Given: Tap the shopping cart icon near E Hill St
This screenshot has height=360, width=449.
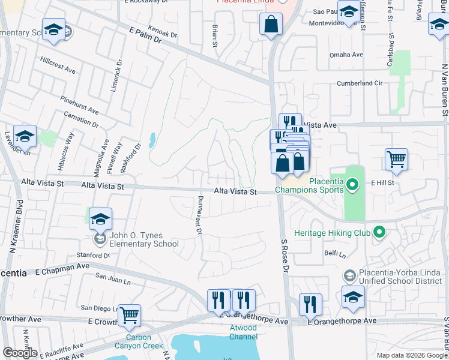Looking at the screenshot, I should point(396,160).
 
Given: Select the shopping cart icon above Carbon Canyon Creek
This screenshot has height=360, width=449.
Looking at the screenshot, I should point(130,316).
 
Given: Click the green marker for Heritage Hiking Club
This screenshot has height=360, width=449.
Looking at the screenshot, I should point(379,231).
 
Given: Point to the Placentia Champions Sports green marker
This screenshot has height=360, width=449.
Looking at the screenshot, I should point(352,185).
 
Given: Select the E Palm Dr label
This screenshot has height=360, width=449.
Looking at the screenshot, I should point(145,37).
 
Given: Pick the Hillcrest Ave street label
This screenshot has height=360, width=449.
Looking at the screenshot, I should point(58,65).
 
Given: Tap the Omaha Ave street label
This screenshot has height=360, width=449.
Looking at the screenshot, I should point(346,55).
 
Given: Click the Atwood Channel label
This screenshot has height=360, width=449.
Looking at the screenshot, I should point(243,332).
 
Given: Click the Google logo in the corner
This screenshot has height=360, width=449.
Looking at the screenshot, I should point(20,352).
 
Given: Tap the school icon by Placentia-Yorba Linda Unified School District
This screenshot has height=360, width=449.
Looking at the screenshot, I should point(353,297).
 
